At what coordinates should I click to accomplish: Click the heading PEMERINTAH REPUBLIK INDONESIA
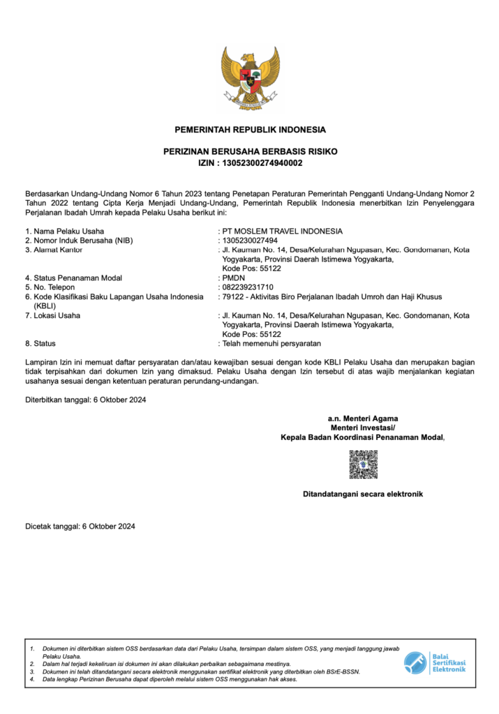250,130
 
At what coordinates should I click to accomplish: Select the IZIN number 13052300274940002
262,162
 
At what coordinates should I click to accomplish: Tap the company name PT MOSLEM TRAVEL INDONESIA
282,231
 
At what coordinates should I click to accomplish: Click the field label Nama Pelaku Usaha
68,231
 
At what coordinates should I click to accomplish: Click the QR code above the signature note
363,464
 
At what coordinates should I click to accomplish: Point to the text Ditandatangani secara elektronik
363,494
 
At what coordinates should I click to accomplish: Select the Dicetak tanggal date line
80,526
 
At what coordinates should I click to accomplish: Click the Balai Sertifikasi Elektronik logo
434,662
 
